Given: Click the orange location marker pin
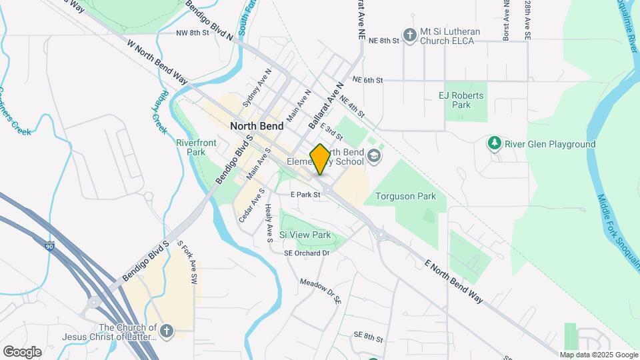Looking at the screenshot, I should pyautogui.click(x=320, y=159).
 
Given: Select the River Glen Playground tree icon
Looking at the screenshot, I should pyautogui.click(x=494, y=143).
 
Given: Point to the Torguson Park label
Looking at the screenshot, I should pyautogui.click(x=405, y=196).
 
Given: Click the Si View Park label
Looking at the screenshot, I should pyautogui.click(x=305, y=235).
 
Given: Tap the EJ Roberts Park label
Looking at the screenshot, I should pyautogui.click(x=461, y=100).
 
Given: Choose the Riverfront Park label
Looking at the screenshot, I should pyautogui.click(x=190, y=147).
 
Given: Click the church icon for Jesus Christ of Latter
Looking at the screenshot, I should pyautogui.click(x=167, y=330).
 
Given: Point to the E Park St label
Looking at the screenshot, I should pyautogui.click(x=306, y=195).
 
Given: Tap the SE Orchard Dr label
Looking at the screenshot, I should pyautogui.click(x=307, y=253).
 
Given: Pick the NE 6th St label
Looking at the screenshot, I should pyautogui.click(x=367, y=80).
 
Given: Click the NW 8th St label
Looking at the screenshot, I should pyautogui.click(x=193, y=32).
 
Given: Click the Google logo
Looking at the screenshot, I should pyautogui.click(x=22, y=351).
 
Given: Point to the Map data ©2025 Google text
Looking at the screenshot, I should pyautogui.click(x=598, y=355).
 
